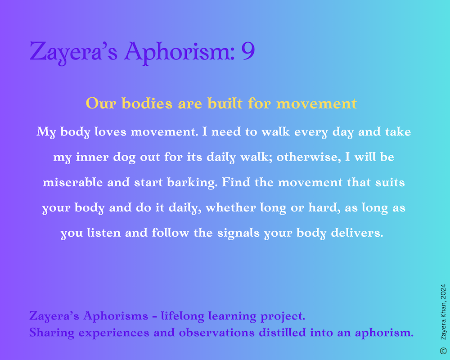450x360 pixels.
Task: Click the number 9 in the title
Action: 247,51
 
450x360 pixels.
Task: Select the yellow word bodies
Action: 147,103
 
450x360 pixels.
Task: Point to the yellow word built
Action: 225,103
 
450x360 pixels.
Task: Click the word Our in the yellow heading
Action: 101,103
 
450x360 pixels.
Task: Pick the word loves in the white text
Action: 111,131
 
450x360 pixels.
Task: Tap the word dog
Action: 124,157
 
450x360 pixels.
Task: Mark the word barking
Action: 192,183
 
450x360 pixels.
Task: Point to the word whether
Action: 230,207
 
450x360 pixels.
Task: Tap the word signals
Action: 238,233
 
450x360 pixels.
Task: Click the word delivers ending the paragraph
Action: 357,233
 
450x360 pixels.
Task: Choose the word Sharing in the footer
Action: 52,333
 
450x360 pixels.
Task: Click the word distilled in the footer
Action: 282,333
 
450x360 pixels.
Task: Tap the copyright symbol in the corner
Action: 443,351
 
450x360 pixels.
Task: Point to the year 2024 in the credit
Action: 443,292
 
